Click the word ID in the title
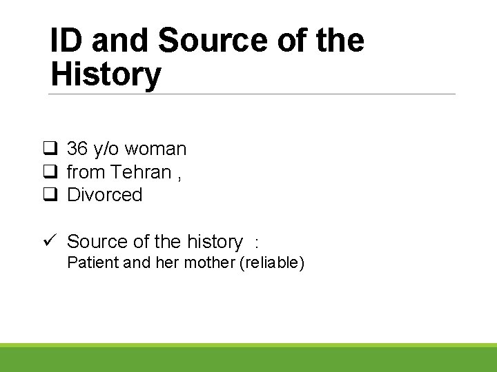coord(67,41)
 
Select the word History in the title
coord(106,74)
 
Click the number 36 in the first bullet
coord(77,149)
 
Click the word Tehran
coord(141,172)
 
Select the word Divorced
coord(104,195)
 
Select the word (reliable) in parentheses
coord(271,262)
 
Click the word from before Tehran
coord(86,172)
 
